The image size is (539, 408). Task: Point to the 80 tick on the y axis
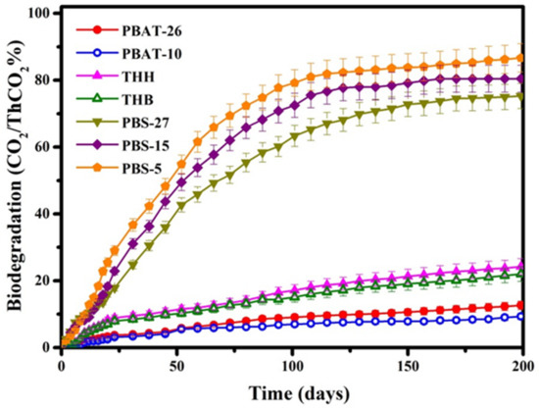pos(41,80)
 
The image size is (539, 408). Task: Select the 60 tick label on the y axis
pos(41,147)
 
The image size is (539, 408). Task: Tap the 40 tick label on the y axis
pos(41,214)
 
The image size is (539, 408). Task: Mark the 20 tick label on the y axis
pos(41,280)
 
